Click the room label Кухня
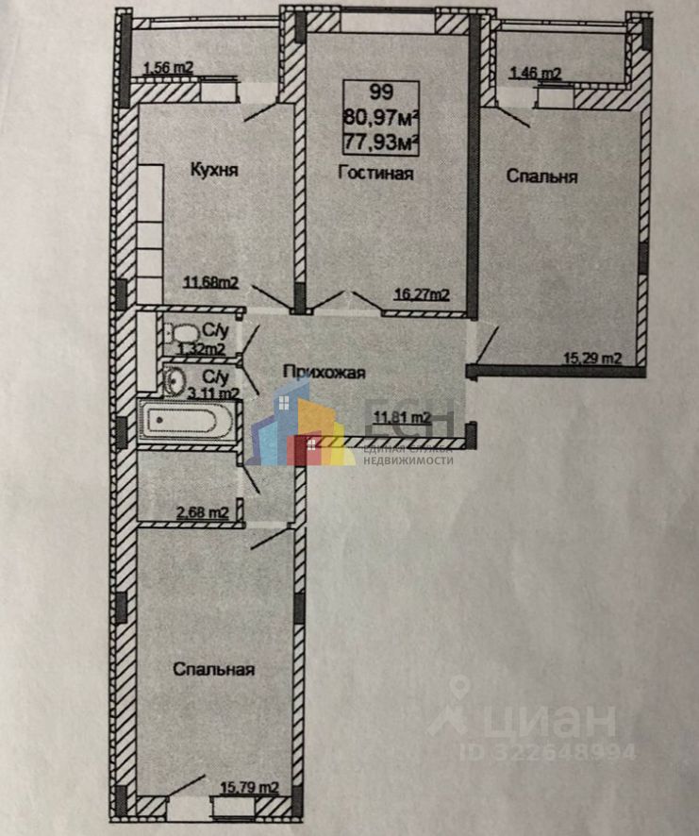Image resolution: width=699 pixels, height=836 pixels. click(x=213, y=171)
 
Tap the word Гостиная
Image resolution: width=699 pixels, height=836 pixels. click(x=376, y=173)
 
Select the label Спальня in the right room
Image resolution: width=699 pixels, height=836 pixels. click(x=541, y=176)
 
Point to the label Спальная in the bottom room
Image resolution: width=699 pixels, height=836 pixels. click(x=214, y=669)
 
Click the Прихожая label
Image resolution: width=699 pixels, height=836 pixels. click(x=324, y=373)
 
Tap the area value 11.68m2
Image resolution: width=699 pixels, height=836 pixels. click(x=209, y=281)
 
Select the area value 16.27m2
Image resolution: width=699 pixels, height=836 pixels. click(x=421, y=293)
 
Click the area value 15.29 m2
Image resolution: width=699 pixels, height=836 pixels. click(x=592, y=358)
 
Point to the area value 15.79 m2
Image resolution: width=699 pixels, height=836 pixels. click(x=249, y=786)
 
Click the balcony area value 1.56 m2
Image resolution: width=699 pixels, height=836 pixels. click(x=168, y=67)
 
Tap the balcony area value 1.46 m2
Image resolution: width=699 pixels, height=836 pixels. click(x=535, y=72)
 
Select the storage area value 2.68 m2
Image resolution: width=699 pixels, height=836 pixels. click(x=203, y=512)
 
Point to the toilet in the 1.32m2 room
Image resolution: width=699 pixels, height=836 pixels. click(x=182, y=333)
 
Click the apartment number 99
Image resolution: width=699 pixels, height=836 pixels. click(x=381, y=92)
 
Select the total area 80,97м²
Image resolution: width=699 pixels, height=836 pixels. click(x=381, y=118)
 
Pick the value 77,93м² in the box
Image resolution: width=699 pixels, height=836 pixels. click(x=381, y=142)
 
